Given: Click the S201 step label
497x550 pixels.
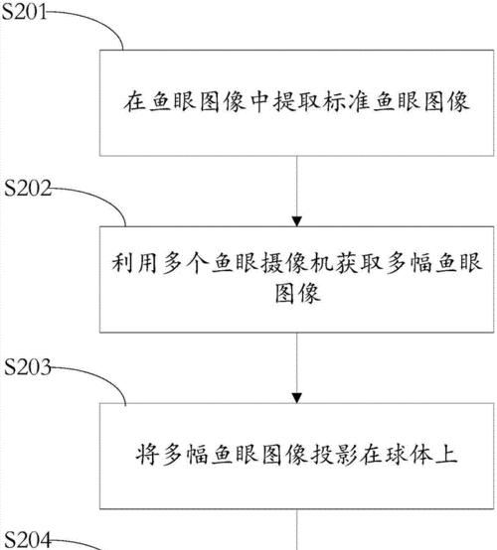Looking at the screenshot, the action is (24, 12).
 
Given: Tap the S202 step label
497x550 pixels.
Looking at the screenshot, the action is (28, 188).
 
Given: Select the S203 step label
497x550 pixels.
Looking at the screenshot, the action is (28, 367).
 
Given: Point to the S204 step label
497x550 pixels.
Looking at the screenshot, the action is (29, 540).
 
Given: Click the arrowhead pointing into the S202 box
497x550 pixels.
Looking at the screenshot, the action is (297, 221).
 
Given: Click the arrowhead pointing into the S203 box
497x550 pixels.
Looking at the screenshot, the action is (297, 398).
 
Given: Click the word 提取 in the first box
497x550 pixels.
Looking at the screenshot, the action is (297, 102).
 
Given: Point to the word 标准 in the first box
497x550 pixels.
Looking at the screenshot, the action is (347, 102).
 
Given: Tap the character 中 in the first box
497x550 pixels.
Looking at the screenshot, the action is (259, 102).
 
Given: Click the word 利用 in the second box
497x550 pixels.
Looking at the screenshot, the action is (134, 263).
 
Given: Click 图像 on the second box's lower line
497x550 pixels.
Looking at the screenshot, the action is (297, 293).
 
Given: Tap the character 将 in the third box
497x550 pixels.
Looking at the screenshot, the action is (147, 455).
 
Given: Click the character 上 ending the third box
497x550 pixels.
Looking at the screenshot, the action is (446, 455).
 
